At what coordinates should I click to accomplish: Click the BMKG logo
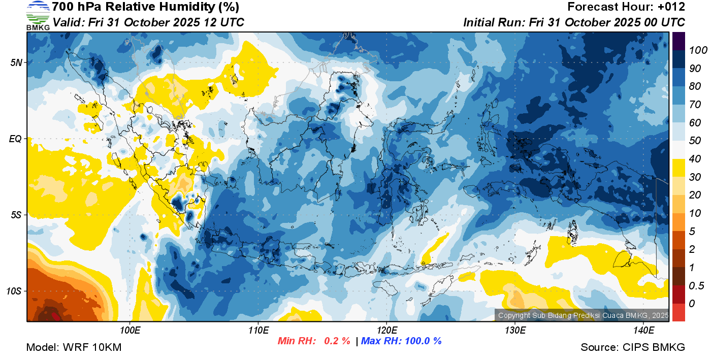(x=38, y=15)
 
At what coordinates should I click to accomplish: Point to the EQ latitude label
(x=17, y=139)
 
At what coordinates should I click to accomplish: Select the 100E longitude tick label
(x=130, y=331)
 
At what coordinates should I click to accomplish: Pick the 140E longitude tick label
(x=643, y=331)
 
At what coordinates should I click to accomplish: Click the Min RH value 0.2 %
(x=337, y=341)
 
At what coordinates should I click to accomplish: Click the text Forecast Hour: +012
(x=626, y=7)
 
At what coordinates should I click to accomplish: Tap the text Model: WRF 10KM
(x=74, y=347)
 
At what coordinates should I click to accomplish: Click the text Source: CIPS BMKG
(x=633, y=347)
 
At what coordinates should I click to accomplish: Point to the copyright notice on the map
(x=583, y=315)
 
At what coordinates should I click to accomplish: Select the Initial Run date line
(x=574, y=23)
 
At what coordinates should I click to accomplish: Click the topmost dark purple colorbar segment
(x=678, y=41)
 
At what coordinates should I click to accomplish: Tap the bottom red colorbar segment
(x=678, y=312)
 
